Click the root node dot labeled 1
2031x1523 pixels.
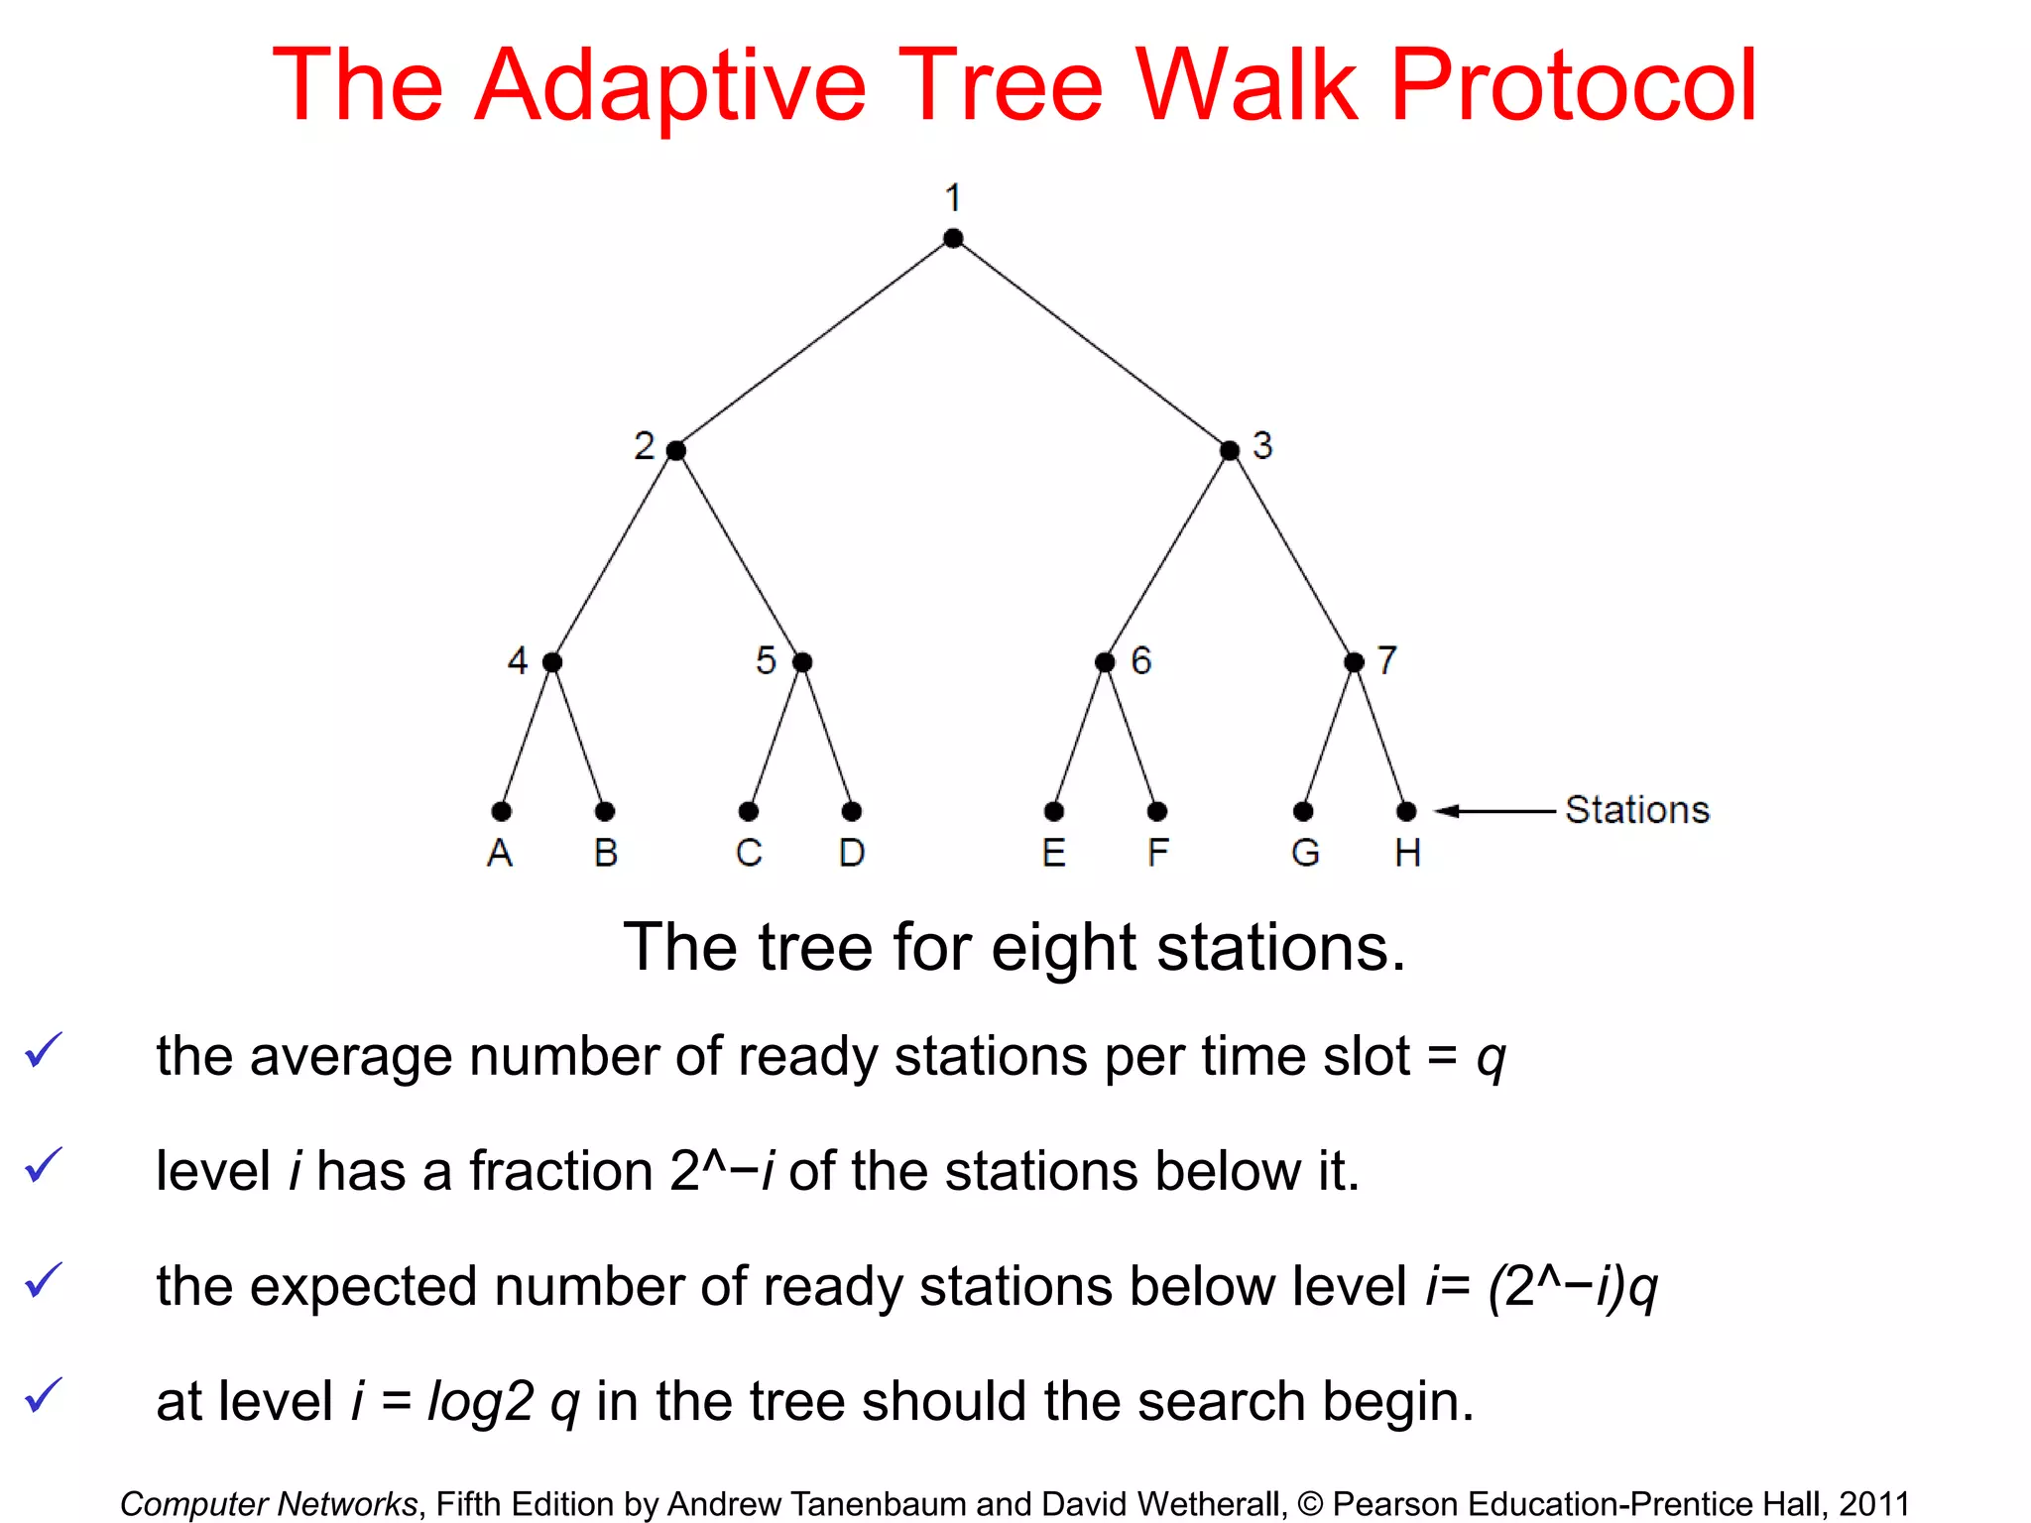tap(953, 238)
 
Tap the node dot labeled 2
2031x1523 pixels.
tap(676, 451)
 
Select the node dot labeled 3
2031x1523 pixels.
tap(1230, 451)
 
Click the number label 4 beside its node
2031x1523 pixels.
tap(518, 660)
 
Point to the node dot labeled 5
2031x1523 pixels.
tap(803, 662)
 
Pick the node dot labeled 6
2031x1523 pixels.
tap(1105, 662)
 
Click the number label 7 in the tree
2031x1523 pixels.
tap(1387, 660)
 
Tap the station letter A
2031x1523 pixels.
tap(500, 853)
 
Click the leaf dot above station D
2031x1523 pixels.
tap(852, 812)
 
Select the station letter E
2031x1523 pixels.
tap(1054, 853)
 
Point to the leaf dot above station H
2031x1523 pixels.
tap(1406, 812)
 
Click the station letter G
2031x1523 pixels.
tap(1305, 853)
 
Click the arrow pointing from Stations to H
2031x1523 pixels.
tap(1493, 811)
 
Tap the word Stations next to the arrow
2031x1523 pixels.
tap(1637, 810)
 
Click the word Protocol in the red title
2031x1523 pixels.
tap(1573, 87)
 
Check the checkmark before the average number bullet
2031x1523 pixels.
tap(44, 1050)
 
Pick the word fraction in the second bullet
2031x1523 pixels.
tap(561, 1171)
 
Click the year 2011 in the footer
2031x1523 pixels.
tap(1873, 1503)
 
